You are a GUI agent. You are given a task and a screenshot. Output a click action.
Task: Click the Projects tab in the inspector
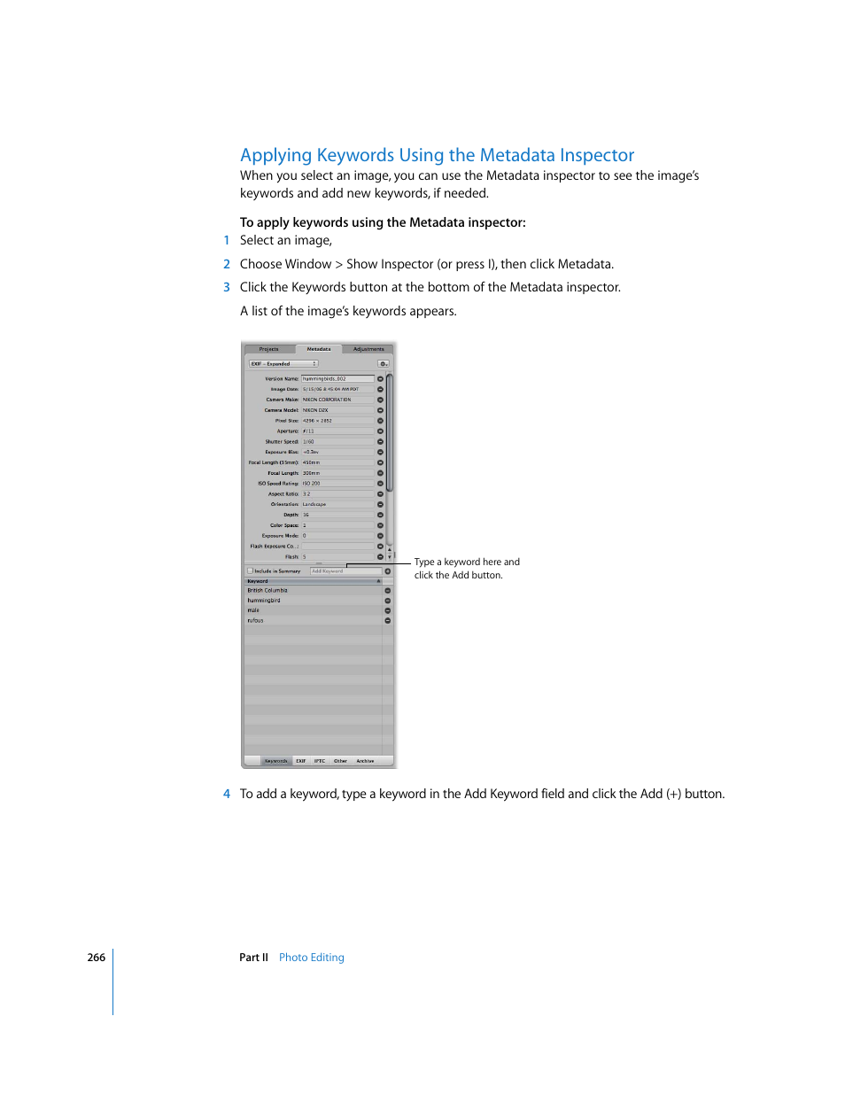(x=268, y=349)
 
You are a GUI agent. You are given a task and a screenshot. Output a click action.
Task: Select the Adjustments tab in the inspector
(x=368, y=349)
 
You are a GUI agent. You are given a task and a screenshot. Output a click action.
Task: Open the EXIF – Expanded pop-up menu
(x=283, y=364)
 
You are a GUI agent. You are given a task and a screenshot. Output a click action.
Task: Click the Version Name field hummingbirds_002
(x=337, y=379)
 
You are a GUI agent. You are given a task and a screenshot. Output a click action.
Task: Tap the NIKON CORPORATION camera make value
(x=327, y=400)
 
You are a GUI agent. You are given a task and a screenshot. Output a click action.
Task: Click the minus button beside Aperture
(x=381, y=431)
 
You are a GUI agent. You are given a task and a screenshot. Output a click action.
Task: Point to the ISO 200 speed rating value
(x=312, y=484)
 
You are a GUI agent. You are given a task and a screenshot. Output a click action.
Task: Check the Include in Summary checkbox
(x=251, y=571)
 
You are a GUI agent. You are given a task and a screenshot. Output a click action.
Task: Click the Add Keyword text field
(x=345, y=571)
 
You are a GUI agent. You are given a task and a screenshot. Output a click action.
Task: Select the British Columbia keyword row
(x=267, y=590)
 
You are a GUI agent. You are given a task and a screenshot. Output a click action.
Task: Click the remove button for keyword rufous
(x=388, y=621)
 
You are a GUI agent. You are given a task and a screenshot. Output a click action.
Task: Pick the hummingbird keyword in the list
(x=264, y=601)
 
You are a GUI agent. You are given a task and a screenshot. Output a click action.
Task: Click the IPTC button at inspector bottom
(x=320, y=761)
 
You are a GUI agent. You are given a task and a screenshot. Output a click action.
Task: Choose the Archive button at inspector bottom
(x=365, y=761)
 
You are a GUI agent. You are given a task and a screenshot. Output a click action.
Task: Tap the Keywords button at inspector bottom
(x=275, y=761)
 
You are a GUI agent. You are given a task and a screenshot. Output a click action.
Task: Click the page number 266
(x=96, y=958)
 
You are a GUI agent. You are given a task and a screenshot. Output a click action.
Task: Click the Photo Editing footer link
(x=311, y=958)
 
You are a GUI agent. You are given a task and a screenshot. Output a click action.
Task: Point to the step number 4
(x=227, y=794)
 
